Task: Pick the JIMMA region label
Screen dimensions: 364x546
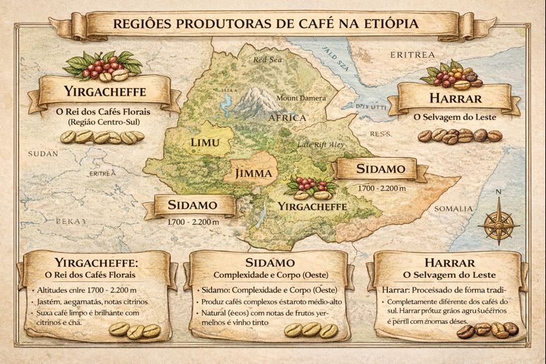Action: (253, 173)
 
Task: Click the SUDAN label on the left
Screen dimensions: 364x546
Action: (42, 154)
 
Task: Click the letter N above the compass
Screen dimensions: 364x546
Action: (498, 192)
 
